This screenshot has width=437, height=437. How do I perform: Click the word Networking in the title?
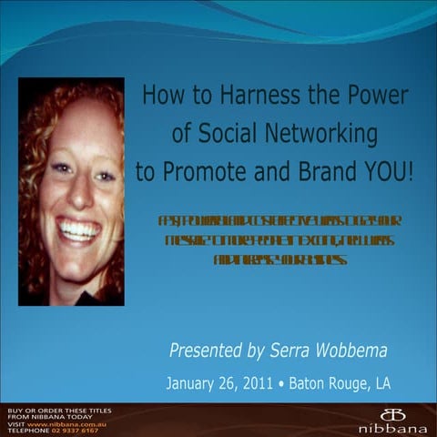coord(318,135)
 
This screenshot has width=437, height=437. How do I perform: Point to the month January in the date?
coord(193,383)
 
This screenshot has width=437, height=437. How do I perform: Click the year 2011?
coord(260,383)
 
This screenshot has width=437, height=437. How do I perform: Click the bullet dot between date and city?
coord(282,383)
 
